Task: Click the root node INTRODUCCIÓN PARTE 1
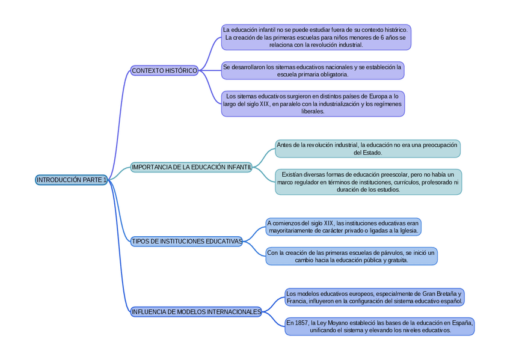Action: tap(71, 180)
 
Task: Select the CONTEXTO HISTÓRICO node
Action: tap(164, 71)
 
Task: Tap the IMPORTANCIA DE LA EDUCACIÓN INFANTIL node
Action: tap(191, 167)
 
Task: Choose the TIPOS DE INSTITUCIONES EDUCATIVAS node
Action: tap(186, 242)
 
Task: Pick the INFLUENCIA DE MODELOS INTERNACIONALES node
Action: tap(196, 312)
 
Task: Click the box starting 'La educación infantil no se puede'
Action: tap(316, 37)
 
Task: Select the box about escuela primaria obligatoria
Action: tap(312, 71)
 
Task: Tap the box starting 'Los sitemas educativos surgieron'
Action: tap(312, 103)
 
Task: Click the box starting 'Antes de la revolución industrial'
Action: tap(367, 148)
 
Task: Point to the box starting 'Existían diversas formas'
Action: tap(368, 182)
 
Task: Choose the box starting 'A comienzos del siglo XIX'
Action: tap(343, 227)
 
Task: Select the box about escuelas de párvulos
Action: tap(351, 256)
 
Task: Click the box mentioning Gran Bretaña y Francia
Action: tap(374, 297)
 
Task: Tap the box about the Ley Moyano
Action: tap(379, 326)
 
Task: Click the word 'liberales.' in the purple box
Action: tap(313, 111)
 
